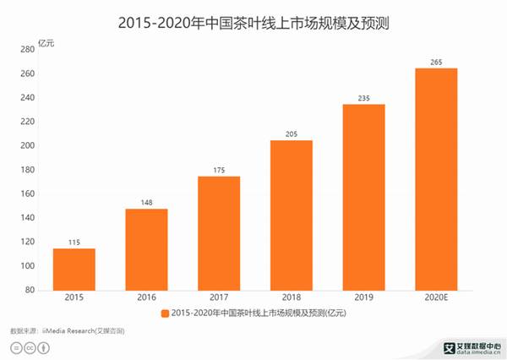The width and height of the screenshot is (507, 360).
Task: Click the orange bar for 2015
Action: coord(74,269)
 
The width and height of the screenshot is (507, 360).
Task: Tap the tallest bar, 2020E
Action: coord(436,178)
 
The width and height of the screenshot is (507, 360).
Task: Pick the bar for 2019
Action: coord(363,196)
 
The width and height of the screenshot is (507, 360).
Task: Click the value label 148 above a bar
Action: coord(147,202)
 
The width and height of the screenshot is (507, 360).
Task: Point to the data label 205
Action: coord(292,133)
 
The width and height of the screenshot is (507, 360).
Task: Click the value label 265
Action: coord(436,61)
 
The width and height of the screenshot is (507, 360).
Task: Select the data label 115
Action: coord(74,242)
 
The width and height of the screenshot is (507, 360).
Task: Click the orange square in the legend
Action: coord(164,314)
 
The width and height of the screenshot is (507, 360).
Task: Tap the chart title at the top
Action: coord(253,18)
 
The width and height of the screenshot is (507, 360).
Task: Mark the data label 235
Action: coord(363,97)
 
